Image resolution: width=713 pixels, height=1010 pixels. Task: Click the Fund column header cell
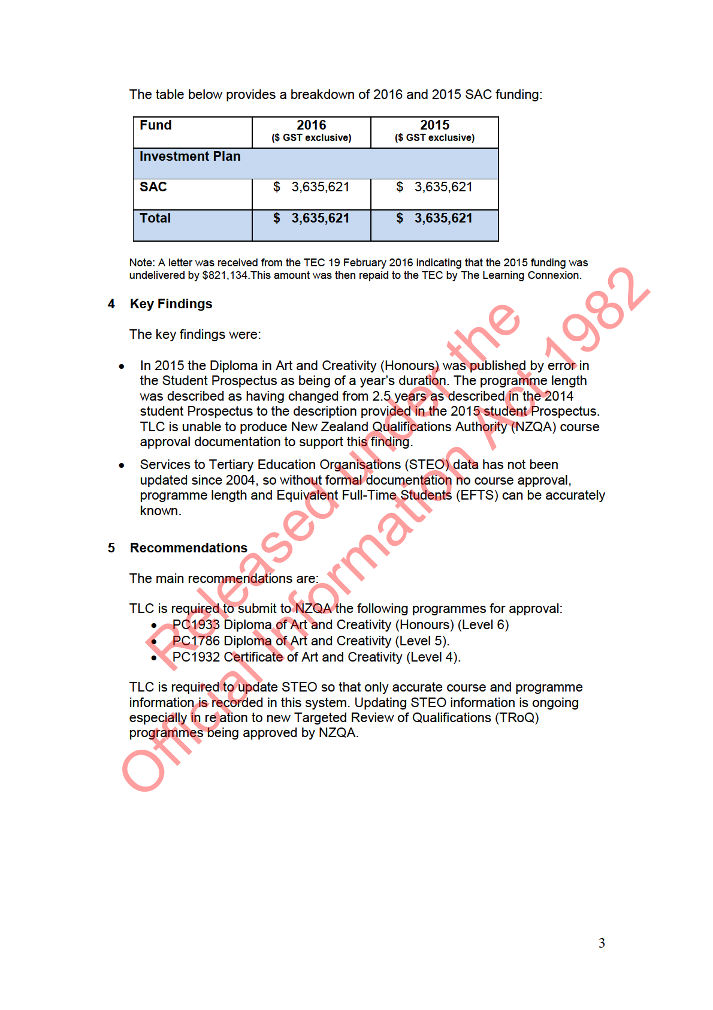click(156, 125)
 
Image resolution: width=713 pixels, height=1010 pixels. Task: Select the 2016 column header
click(311, 125)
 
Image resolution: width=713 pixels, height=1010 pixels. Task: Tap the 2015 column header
click(434, 125)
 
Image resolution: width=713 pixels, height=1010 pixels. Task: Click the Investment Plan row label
click(190, 157)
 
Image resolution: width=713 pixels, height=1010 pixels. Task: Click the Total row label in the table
click(155, 218)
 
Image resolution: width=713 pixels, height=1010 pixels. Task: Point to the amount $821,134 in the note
click(225, 275)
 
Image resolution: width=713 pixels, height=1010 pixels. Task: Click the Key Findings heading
click(171, 304)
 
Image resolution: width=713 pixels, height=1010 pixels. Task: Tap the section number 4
click(111, 304)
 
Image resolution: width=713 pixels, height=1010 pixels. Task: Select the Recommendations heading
click(188, 548)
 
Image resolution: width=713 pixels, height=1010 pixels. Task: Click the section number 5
click(111, 548)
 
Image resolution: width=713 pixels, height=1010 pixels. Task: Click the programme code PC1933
click(196, 625)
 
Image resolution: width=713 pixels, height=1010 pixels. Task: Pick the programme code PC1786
click(196, 641)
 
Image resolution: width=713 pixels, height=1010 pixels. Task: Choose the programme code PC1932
click(196, 657)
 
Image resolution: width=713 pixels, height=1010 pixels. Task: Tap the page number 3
click(602, 943)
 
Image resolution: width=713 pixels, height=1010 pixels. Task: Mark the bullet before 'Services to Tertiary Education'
click(122, 465)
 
